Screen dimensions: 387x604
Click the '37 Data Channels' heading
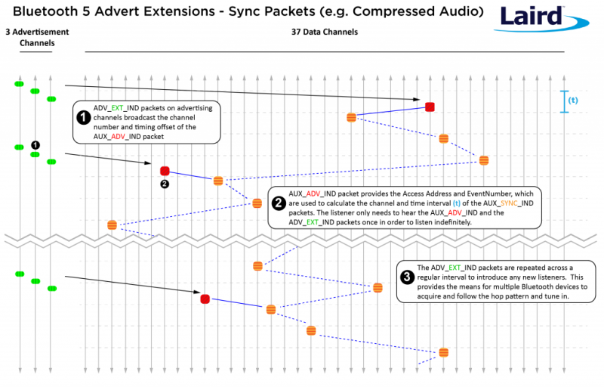(x=325, y=33)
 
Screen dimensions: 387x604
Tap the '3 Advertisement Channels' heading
(x=36, y=38)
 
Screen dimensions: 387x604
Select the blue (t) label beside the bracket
(x=573, y=101)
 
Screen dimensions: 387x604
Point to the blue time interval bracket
(x=562, y=101)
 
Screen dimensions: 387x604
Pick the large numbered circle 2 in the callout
(x=278, y=203)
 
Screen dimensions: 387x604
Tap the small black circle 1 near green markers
(x=35, y=144)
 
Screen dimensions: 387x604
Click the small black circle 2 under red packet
(x=165, y=184)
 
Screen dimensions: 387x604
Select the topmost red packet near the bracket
(x=430, y=107)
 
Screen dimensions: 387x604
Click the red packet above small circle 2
(x=165, y=171)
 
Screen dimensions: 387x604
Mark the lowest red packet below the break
(x=205, y=299)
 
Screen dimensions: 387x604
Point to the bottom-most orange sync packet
(x=443, y=352)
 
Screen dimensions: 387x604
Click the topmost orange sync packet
(x=351, y=117)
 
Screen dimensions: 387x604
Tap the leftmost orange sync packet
(x=112, y=224)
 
